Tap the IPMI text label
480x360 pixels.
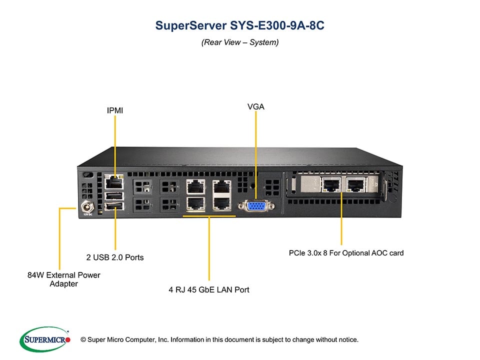[114, 110]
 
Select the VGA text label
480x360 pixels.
[255, 106]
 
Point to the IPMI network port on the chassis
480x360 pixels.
[114, 181]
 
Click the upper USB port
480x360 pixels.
[114, 195]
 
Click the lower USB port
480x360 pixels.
[114, 206]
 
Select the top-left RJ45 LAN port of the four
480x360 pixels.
[195, 186]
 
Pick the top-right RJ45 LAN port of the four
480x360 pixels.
[221, 186]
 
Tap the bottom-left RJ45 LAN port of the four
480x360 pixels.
[195, 202]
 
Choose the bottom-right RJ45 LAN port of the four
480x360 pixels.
[221, 202]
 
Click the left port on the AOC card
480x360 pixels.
[330, 185]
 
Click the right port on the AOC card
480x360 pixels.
[355, 185]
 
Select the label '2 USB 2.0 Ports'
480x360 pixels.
[114, 257]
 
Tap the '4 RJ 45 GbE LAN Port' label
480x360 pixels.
[209, 289]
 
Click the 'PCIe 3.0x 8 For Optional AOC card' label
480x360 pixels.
[346, 253]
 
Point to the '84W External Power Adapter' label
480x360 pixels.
[63, 279]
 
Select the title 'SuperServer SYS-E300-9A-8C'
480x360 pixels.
[240, 25]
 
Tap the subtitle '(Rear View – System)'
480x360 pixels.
[240, 42]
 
